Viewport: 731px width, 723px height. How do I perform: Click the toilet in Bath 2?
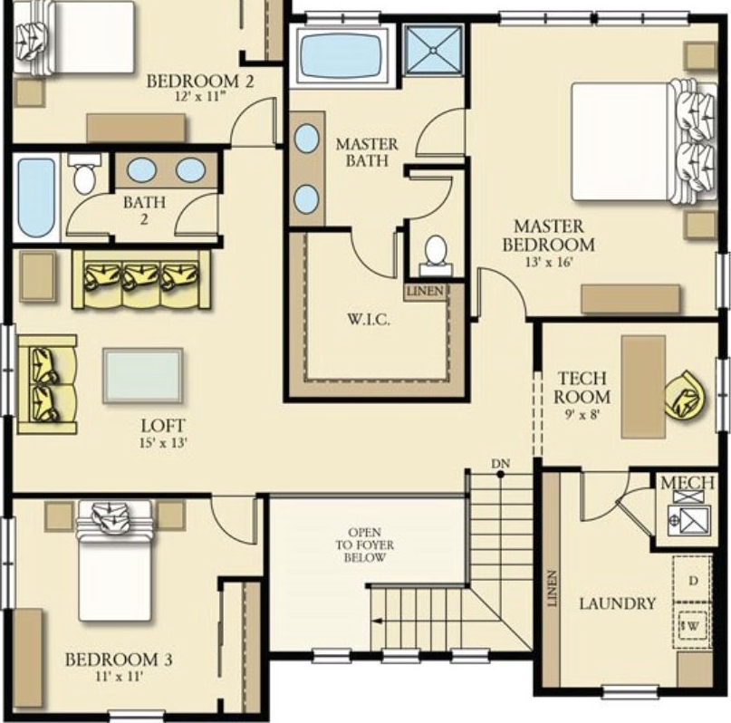pyautogui.click(x=84, y=173)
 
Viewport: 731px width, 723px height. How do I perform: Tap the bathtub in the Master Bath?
pyautogui.click(x=341, y=55)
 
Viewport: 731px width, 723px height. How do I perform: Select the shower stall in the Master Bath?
pyautogui.click(x=434, y=50)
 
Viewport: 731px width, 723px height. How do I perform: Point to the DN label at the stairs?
pyautogui.click(x=500, y=464)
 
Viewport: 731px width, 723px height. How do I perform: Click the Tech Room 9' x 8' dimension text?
pyautogui.click(x=582, y=414)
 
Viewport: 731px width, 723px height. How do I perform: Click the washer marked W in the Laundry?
pyautogui.click(x=692, y=626)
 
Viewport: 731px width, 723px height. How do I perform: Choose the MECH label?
pyautogui.click(x=688, y=483)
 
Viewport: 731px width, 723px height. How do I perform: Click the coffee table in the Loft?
pyautogui.click(x=142, y=375)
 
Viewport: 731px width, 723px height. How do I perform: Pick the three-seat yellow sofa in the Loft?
pyautogui.click(x=141, y=280)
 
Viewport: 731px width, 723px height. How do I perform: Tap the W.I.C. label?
pyautogui.click(x=369, y=320)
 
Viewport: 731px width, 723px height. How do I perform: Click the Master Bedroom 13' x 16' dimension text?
pyautogui.click(x=549, y=262)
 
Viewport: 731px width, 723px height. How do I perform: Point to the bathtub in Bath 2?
pyautogui.click(x=36, y=198)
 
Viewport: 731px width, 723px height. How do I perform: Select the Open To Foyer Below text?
pyautogui.click(x=365, y=545)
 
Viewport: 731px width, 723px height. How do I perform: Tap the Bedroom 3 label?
pyautogui.click(x=119, y=660)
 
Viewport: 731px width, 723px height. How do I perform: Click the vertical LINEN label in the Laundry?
pyautogui.click(x=552, y=588)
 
